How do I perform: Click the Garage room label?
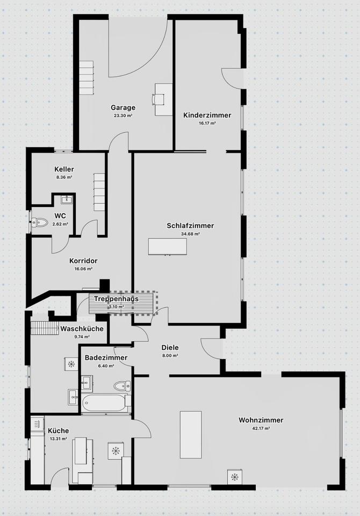point(123,107)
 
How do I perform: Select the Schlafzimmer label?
point(190,226)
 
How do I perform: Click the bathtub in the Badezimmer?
point(105,403)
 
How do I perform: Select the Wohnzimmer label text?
point(261,420)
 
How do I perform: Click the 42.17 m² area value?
point(261,428)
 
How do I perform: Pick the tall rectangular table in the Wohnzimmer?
point(191,434)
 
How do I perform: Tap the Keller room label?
point(64,169)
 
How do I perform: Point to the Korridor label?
point(83,261)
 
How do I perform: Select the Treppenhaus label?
point(116,299)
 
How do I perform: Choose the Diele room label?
point(170,347)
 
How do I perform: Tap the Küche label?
point(58,431)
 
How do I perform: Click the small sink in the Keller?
point(67,200)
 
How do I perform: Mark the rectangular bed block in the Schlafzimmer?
point(168,247)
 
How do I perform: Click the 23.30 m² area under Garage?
point(123,116)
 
